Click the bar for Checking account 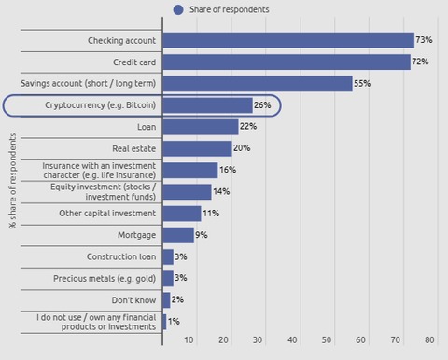(287, 40)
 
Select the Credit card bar (286, 62)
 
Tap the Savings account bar (257, 83)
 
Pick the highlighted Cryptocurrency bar (207, 105)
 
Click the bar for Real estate (197, 148)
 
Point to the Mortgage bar (178, 234)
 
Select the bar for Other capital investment (182, 213)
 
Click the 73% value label (424, 40)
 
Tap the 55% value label (362, 83)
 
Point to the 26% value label (262, 105)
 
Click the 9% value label (202, 234)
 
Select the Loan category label (147, 127)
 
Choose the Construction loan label (121, 256)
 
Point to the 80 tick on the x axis (429, 339)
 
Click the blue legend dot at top (178, 9)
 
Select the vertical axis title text (11, 181)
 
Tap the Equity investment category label (103, 192)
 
